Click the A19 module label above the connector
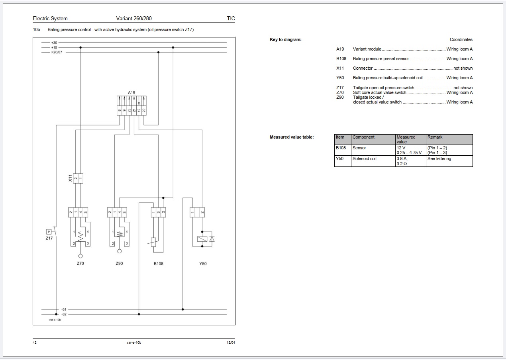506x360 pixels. [x=131, y=92]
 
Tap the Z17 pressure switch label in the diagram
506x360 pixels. [x=49, y=238]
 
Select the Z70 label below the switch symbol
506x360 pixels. [x=80, y=264]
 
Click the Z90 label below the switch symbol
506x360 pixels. [x=119, y=263]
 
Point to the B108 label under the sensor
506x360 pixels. [x=158, y=264]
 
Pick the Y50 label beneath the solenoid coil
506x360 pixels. [x=203, y=264]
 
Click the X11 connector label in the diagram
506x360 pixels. [x=70, y=178]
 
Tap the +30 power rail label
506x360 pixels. [x=54, y=43]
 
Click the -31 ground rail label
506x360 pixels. [x=64, y=309]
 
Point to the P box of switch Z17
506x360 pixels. [x=49, y=231]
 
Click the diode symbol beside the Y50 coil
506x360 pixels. [x=212, y=239]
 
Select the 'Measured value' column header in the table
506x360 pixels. [x=406, y=139]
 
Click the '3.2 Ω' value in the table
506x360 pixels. [x=402, y=164]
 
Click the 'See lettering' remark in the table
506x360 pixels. [x=439, y=158]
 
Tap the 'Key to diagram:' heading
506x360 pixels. [x=286, y=39]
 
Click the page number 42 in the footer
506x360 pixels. [x=35, y=342]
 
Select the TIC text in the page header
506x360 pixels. [x=231, y=18]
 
